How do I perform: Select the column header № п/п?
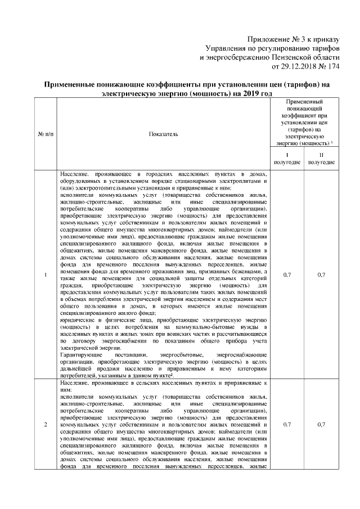click(x=45, y=134)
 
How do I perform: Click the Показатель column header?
click(x=163, y=134)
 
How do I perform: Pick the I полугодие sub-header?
click(x=287, y=158)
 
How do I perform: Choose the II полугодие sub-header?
click(x=321, y=158)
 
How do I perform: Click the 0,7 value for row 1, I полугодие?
click(x=287, y=274)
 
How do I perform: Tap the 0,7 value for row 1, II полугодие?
click(x=321, y=274)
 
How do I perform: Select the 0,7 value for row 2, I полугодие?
click(x=287, y=424)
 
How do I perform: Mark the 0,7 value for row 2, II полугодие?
click(x=321, y=424)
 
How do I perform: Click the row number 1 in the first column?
click(x=45, y=274)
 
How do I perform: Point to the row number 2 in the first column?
click(x=45, y=424)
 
